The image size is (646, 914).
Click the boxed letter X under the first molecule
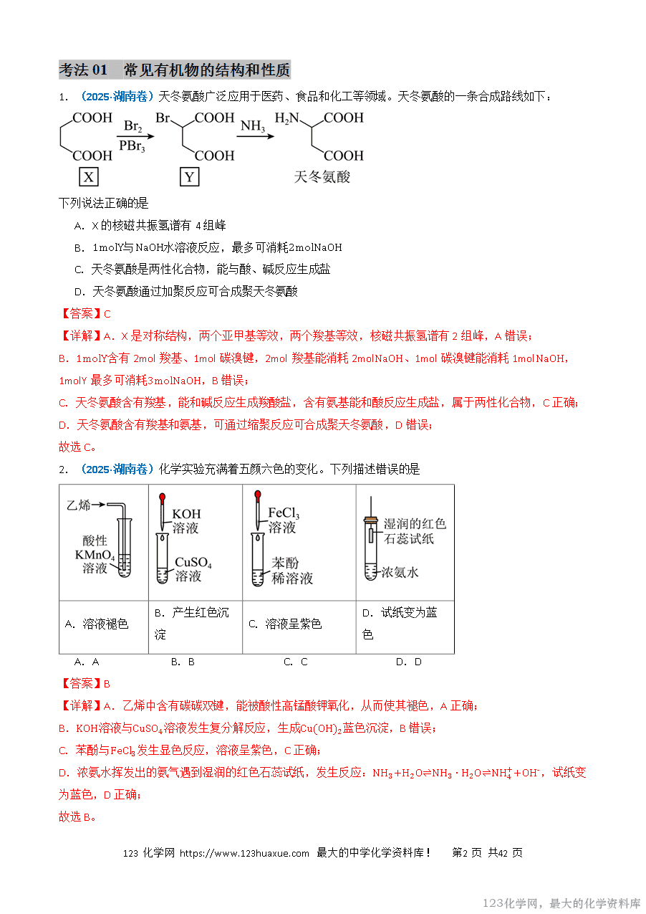(88, 177)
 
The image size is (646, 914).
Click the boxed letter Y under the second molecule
(188, 177)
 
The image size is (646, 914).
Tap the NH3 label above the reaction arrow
(252, 126)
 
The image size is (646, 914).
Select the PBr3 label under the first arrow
(132, 146)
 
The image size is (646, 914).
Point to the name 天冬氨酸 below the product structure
(322, 176)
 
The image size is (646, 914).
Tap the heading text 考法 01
(82, 70)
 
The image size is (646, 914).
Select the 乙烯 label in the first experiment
(78, 505)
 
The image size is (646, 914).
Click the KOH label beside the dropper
(186, 514)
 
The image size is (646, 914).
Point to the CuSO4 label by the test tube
(193, 562)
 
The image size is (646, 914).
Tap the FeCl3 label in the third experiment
(283, 513)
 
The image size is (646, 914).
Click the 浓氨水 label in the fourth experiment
(400, 572)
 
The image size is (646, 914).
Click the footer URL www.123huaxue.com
(244, 853)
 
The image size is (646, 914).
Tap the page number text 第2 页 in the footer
(467, 853)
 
